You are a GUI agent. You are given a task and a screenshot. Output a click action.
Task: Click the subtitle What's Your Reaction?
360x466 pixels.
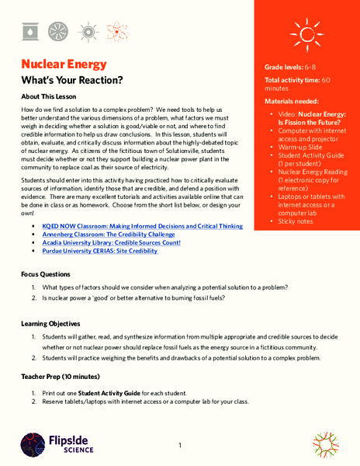coord(71,81)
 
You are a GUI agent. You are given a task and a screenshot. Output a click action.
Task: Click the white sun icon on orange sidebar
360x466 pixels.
coord(302,33)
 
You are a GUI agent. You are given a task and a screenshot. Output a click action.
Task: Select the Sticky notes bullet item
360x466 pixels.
coord(299,222)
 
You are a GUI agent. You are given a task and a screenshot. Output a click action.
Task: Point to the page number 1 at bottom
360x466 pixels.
coord(179,446)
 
